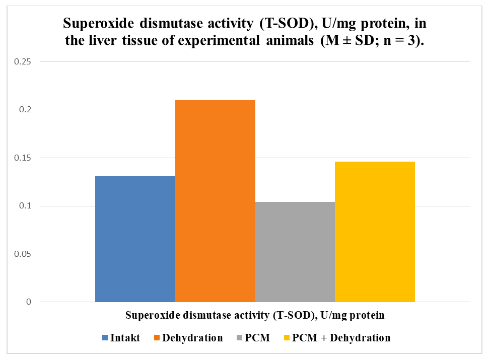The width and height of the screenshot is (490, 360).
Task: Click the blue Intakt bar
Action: (135, 239)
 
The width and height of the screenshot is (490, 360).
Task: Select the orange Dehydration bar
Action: (216, 201)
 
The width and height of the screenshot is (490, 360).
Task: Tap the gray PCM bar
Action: (295, 252)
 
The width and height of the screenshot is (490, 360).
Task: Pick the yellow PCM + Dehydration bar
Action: (375, 232)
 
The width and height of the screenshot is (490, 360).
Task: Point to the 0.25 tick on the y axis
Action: (23, 61)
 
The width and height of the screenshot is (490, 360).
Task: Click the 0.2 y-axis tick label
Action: (25, 110)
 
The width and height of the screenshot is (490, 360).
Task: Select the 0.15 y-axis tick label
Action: (23, 158)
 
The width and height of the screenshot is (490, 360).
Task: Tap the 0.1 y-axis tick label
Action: (25, 206)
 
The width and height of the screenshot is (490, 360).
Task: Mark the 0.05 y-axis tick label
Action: (23, 254)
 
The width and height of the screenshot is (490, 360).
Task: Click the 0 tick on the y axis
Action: (29, 302)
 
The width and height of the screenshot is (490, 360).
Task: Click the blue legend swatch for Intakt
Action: (105, 338)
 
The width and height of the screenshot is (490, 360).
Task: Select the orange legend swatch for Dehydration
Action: (157, 338)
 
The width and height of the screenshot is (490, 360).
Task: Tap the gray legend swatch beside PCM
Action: (240, 338)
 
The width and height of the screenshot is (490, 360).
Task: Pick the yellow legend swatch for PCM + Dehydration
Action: (287, 338)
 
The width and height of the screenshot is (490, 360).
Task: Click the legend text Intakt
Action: (125, 338)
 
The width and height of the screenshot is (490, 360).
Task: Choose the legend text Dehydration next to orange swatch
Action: (192, 338)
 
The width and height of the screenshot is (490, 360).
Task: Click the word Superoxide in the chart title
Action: (98, 24)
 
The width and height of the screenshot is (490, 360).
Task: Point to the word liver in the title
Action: (103, 40)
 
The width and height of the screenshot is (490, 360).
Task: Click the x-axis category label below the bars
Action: (255, 315)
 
